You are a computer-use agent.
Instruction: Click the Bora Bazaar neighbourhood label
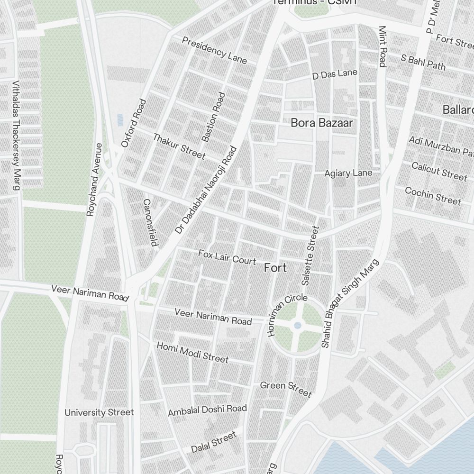(x=322, y=123)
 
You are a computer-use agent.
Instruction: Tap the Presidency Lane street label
(x=214, y=50)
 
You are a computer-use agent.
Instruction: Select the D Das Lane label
(x=335, y=74)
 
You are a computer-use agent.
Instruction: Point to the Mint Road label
(x=383, y=46)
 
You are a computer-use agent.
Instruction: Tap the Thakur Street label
(x=179, y=146)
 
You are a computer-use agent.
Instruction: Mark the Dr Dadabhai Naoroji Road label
(x=205, y=190)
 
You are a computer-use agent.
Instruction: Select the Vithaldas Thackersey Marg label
(x=16, y=135)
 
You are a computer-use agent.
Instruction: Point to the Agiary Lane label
(x=348, y=173)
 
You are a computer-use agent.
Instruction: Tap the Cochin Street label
(x=433, y=196)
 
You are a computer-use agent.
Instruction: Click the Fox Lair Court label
(x=227, y=257)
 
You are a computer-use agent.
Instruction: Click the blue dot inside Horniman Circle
(x=297, y=325)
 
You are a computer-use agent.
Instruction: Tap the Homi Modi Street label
(x=192, y=352)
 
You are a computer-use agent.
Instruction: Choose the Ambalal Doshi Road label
(x=207, y=410)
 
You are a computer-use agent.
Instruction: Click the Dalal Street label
(x=213, y=442)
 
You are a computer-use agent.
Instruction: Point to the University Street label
(x=99, y=412)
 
